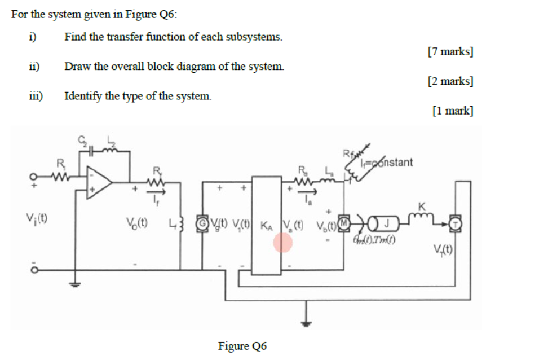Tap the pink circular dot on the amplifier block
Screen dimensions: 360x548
(283, 243)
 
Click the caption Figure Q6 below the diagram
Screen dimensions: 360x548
(242, 345)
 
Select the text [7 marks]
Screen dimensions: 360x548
(450, 52)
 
